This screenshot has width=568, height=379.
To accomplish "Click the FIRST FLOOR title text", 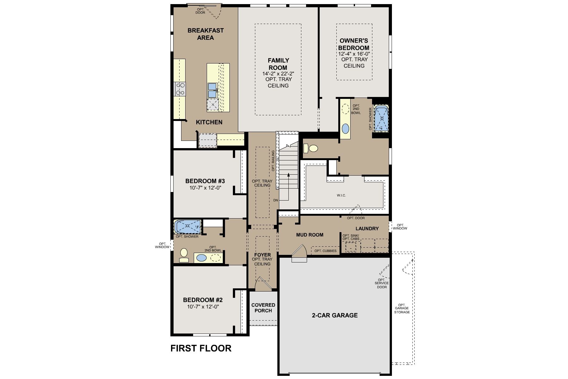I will tap(201, 348).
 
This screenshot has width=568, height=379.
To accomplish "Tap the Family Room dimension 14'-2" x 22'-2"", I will tap(278, 74).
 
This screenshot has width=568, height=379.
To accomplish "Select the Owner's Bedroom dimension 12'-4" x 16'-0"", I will tap(354, 54).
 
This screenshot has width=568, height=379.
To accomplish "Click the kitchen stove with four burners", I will tap(180, 89).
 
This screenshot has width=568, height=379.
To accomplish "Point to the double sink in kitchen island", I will tap(212, 90).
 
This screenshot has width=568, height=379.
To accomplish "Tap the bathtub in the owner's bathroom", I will tap(382, 118).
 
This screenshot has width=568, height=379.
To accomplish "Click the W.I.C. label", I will tap(341, 196).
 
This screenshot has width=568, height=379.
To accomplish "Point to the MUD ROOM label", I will tap(310, 235).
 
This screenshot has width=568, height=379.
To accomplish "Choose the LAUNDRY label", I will tap(367, 228).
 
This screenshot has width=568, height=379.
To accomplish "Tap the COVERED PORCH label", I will tap(263, 308).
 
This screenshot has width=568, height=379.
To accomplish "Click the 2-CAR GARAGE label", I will tap(334, 315).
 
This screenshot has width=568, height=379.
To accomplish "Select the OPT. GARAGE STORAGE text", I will tap(402, 309).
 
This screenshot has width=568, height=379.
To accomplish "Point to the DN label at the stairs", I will tap(276, 200).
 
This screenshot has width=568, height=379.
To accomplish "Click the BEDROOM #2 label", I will tap(203, 300).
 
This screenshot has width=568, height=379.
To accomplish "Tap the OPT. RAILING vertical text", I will tap(273, 161).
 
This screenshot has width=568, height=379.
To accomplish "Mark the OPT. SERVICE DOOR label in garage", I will tap(382, 283).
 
